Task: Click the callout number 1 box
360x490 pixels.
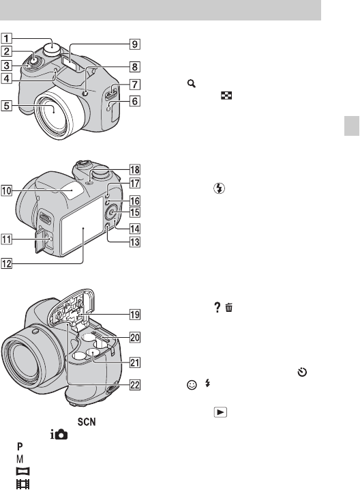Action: (x=7, y=38)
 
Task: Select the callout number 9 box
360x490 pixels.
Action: (x=134, y=44)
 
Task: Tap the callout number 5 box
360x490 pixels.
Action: (x=7, y=106)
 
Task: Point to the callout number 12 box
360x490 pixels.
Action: (x=7, y=263)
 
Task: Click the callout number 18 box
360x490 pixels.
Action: (x=134, y=170)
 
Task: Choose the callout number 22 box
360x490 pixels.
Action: (x=134, y=385)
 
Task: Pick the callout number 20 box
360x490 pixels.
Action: (x=134, y=337)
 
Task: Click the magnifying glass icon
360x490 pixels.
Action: (x=192, y=84)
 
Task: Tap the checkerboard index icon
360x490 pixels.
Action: (x=226, y=96)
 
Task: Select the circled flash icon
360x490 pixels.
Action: (x=219, y=188)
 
